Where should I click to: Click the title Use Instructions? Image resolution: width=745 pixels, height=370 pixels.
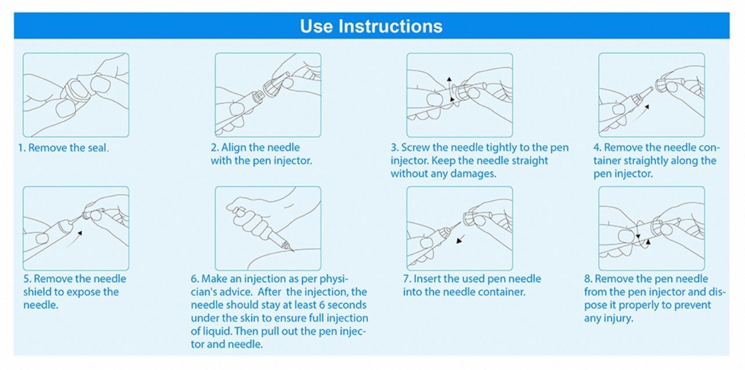371,26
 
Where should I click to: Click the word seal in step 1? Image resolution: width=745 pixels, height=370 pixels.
98,148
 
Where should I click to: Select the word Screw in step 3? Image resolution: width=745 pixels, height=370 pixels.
415,148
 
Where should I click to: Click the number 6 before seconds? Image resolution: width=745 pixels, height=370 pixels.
322,305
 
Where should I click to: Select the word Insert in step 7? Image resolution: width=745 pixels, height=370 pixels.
427,279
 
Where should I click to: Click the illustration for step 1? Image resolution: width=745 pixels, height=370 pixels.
76,95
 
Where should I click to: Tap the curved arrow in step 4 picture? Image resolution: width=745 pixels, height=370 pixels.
640,113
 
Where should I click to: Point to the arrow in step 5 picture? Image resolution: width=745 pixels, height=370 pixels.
74,239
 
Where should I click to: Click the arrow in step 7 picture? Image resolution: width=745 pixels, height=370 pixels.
461,239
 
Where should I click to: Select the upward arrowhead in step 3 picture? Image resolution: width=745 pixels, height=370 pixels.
449,79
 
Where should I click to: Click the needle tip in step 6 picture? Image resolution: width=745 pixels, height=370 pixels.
292,250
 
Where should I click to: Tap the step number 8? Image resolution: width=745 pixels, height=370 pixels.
588,279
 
